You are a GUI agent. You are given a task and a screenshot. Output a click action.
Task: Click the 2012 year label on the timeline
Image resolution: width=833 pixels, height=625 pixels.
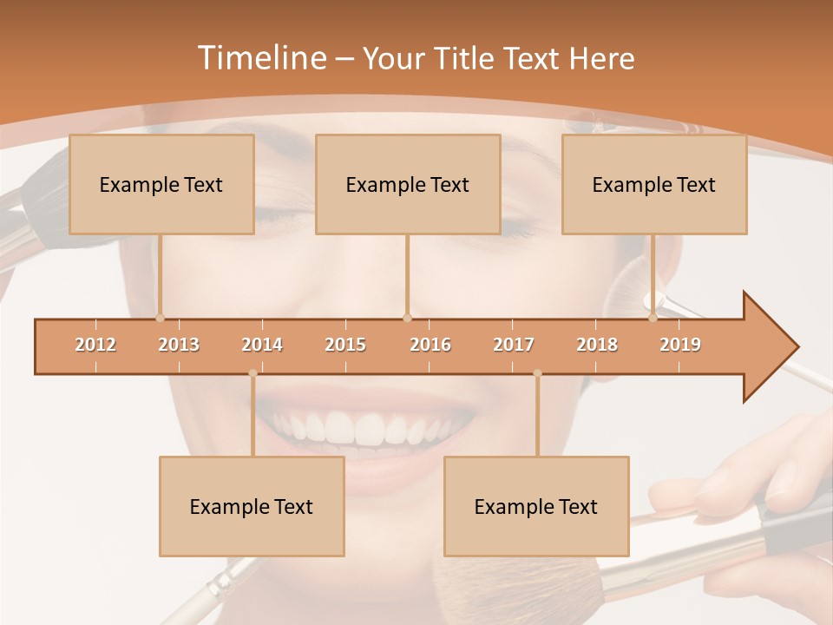(95, 345)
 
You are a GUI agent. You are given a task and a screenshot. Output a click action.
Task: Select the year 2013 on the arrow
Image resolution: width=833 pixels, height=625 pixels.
(179, 345)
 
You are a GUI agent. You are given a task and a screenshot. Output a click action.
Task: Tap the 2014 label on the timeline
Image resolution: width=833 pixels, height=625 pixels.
(262, 345)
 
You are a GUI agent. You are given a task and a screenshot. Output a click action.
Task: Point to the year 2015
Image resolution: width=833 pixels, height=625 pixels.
(345, 345)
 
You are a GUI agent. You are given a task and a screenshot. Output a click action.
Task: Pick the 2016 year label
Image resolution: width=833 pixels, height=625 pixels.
(430, 345)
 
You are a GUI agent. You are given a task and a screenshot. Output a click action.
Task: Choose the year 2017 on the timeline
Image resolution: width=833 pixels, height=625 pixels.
(514, 345)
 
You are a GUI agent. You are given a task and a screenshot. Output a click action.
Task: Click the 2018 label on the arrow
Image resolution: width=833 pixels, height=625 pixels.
(597, 345)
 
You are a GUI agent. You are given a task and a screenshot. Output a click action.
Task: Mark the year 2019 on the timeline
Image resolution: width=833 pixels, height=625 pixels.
(680, 345)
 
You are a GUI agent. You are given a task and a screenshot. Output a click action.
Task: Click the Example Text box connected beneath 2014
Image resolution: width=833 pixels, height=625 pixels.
(252, 506)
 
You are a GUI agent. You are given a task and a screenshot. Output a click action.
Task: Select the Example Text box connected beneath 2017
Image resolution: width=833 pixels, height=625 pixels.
(536, 506)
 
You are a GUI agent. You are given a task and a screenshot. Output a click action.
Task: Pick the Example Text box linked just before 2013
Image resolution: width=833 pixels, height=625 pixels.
(161, 184)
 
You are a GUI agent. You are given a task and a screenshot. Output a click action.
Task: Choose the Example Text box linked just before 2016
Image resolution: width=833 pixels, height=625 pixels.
(408, 184)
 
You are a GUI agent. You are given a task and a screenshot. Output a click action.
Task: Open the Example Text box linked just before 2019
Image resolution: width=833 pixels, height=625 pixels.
(654, 184)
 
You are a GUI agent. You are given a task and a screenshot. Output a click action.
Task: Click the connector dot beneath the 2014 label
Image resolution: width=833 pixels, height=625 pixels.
(253, 373)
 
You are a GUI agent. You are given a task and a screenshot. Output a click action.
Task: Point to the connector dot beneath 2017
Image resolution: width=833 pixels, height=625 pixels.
(537, 373)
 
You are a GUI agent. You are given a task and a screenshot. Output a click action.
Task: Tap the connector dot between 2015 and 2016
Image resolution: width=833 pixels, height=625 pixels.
(407, 318)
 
